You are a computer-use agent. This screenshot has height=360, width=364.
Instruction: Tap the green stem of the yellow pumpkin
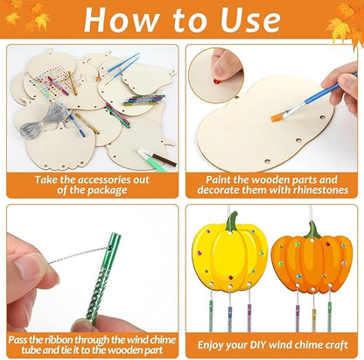[x=231, y=222]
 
